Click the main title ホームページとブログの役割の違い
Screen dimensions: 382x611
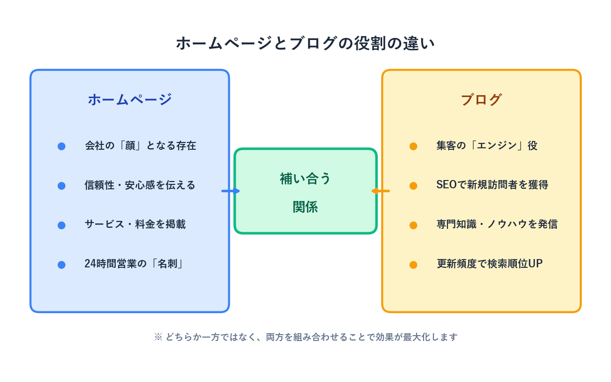click(305, 43)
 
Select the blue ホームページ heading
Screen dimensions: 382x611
click(130, 100)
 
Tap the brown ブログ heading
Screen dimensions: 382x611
click(481, 100)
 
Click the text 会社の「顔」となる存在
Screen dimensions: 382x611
click(141, 146)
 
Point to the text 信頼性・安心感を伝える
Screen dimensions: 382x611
click(140, 185)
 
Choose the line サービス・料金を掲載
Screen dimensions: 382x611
click(135, 224)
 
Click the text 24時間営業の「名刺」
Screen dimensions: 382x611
click(134, 264)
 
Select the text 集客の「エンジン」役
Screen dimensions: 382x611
click(487, 146)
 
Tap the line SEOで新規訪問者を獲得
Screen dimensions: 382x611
click(492, 185)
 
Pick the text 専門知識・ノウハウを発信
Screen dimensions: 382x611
click(497, 224)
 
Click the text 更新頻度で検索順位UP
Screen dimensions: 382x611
click(489, 264)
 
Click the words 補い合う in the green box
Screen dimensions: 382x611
click(305, 179)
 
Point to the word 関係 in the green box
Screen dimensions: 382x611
click(305, 207)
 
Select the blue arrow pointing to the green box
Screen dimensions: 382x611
click(230, 191)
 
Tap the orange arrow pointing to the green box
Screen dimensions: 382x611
click(381, 191)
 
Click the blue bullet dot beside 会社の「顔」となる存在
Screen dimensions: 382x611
click(61, 146)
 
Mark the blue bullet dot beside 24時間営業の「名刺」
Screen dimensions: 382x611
click(61, 265)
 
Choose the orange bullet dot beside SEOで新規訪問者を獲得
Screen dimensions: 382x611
click(413, 186)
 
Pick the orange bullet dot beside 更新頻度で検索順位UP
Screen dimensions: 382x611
click(413, 265)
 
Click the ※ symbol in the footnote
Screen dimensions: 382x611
click(158, 337)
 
